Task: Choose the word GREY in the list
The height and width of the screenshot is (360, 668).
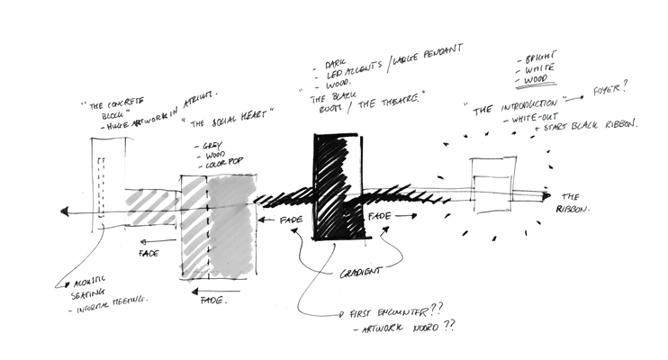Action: tap(209, 144)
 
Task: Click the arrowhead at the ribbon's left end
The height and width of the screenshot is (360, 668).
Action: tap(66, 211)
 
